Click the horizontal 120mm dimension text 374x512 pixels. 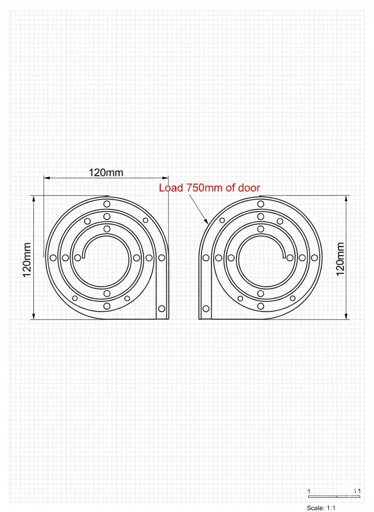tap(106, 173)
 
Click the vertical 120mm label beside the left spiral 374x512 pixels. tap(27, 259)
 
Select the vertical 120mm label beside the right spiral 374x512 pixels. tap(340, 259)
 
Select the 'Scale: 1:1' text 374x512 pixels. tap(321, 508)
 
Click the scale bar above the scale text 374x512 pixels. tap(333, 496)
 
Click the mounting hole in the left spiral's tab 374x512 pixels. tap(161, 308)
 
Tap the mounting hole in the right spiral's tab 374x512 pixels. tap(206, 308)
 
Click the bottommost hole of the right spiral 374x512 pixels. tap(261, 306)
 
